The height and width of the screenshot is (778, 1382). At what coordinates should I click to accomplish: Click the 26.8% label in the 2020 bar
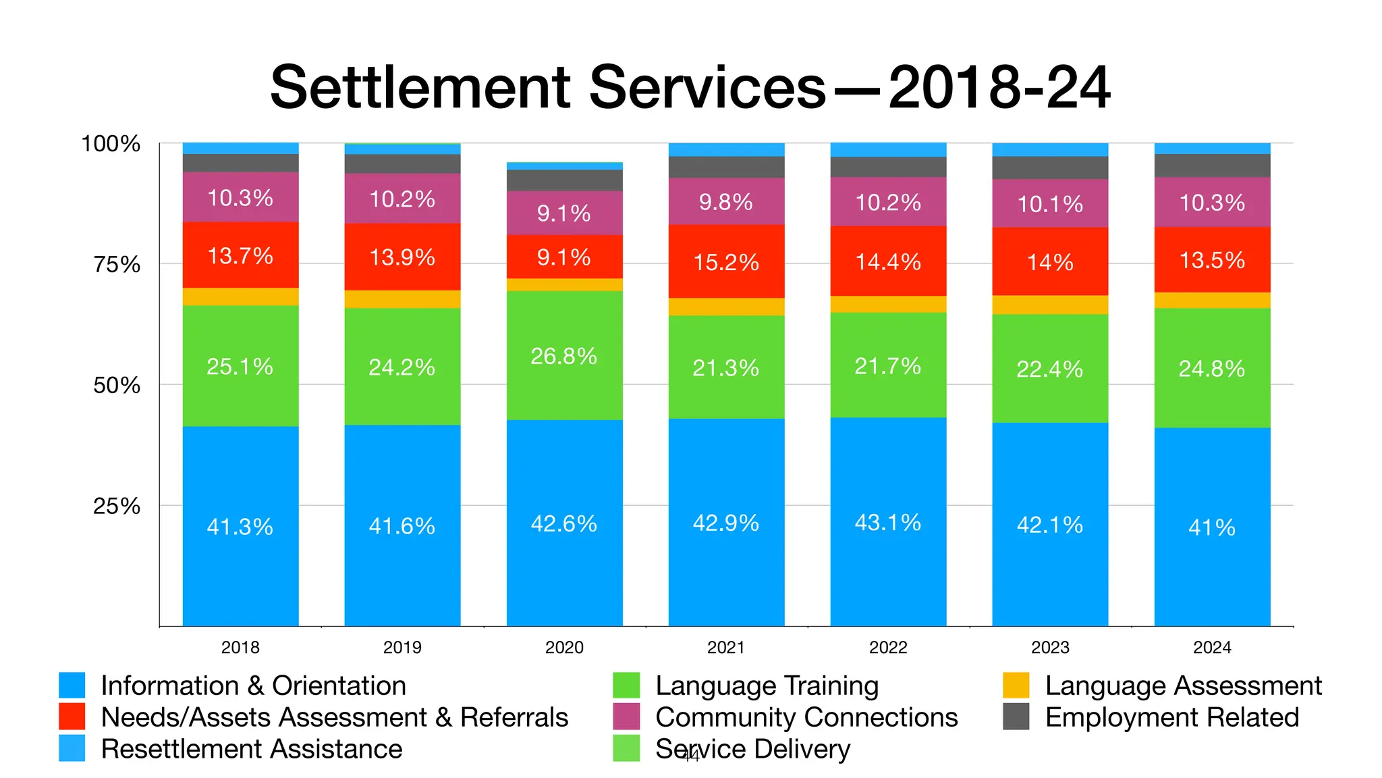click(563, 356)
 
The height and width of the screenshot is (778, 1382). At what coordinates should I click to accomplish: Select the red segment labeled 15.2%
click(726, 262)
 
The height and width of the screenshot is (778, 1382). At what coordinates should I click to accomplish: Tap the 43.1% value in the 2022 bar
click(887, 523)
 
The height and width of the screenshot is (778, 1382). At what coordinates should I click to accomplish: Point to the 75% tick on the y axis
click(117, 264)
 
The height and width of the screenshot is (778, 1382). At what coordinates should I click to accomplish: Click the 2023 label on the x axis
click(1050, 647)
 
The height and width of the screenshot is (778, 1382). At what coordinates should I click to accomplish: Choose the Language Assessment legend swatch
click(1016, 685)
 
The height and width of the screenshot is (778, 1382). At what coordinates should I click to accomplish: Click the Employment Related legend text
click(1171, 717)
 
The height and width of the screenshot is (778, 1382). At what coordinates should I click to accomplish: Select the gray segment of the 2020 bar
click(564, 180)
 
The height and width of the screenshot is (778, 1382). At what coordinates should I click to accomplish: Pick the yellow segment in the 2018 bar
click(240, 297)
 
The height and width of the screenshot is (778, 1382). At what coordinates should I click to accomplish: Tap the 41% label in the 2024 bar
click(1212, 527)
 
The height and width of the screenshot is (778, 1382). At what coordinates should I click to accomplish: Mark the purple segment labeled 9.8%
click(726, 201)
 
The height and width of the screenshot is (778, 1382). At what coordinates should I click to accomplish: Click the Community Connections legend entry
click(806, 717)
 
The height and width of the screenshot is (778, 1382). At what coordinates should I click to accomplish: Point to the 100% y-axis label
click(111, 144)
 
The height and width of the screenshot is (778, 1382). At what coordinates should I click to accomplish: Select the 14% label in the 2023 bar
click(1050, 262)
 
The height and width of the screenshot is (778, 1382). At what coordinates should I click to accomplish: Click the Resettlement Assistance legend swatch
click(72, 748)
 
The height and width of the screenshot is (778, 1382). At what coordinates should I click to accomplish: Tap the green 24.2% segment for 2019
click(402, 367)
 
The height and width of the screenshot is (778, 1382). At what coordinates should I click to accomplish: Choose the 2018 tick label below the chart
click(240, 647)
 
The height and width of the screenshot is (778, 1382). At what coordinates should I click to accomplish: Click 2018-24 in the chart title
click(999, 88)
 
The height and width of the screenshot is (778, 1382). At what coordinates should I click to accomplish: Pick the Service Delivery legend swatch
click(626, 748)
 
